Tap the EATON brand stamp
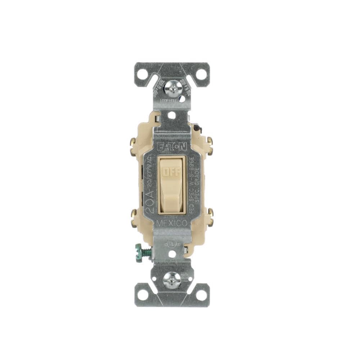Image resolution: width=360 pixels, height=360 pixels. coord(172,147)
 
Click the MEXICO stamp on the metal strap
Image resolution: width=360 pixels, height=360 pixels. coord(172,223)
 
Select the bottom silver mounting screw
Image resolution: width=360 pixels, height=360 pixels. coord(171,280)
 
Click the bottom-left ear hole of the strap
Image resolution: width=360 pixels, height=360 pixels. coord(143,295)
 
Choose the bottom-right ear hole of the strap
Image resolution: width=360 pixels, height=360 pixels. coord(201,295)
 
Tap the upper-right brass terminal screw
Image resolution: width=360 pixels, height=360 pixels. coord(210,141)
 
